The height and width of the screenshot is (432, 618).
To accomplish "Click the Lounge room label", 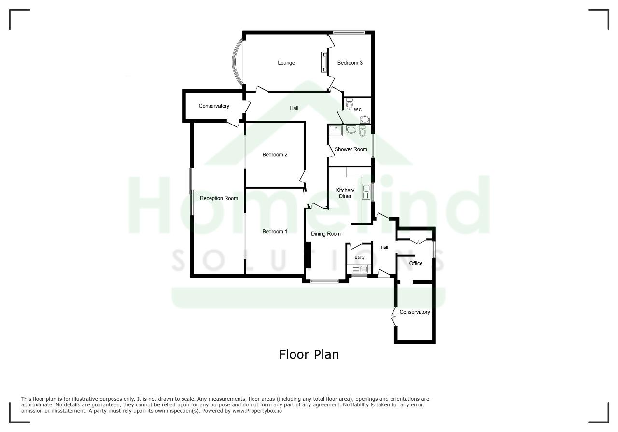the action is (286, 63).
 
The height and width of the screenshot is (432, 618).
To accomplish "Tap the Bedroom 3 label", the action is (350, 63).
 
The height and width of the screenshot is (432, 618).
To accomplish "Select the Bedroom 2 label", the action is (275, 155).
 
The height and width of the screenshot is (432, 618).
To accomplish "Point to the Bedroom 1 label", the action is (275, 232).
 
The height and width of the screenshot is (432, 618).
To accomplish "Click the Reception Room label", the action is (219, 198).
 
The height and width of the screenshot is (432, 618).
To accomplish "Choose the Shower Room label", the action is (351, 149).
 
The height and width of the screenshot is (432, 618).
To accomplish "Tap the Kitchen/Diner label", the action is (345, 193).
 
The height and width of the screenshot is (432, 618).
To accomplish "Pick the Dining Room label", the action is (326, 234).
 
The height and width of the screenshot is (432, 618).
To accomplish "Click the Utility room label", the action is (360, 257).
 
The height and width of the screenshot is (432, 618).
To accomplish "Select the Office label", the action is (416, 263).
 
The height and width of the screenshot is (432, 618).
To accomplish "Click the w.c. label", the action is (358, 110).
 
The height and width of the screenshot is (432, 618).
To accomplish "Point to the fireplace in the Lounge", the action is (324, 62).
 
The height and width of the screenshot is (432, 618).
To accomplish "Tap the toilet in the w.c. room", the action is (349, 103).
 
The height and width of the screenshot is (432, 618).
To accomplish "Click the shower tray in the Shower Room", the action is (336, 131).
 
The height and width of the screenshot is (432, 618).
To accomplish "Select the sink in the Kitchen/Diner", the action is (366, 192).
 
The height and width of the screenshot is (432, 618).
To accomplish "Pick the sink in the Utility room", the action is (360, 269).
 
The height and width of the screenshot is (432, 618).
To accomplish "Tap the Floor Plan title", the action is (309, 354).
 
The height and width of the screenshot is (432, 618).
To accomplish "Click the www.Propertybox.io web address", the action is (257, 411).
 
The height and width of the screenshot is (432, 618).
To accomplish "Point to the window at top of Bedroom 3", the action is (349, 32).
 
